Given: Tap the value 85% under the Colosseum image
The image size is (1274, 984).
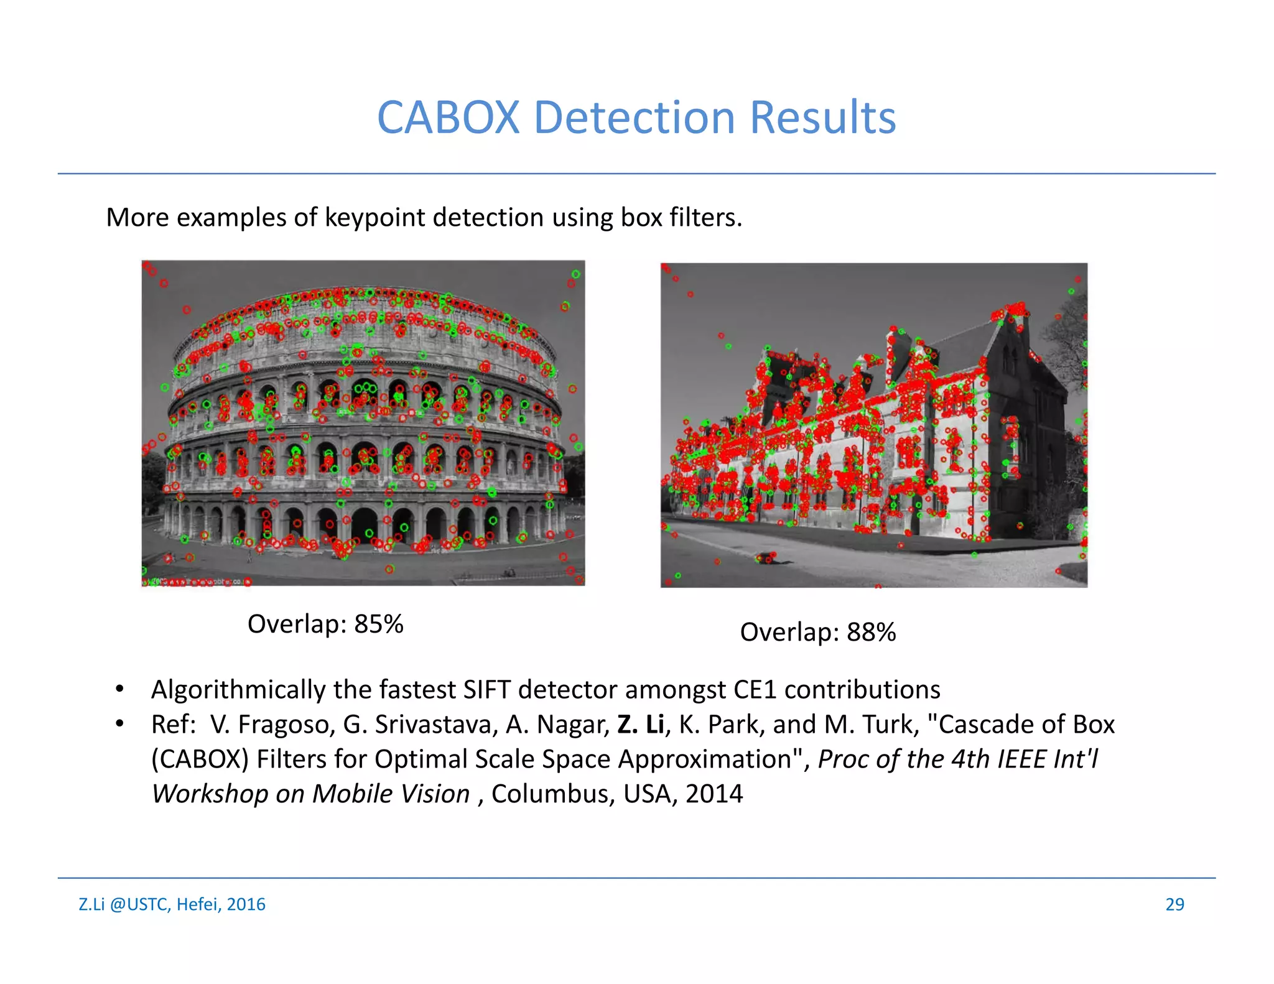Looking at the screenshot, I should point(379,624).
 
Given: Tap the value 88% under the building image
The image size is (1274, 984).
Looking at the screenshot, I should point(871,632).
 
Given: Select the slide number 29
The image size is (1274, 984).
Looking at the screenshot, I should point(1174,904).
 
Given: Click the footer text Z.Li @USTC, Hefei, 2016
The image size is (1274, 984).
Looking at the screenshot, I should point(172,904).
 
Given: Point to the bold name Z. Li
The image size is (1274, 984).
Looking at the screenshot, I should point(641,725).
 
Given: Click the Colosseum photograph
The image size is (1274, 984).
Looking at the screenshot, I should point(363,423).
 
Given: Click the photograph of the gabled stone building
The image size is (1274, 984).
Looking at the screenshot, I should point(874,425).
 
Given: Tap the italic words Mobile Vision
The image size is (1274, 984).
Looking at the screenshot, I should point(391,794).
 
